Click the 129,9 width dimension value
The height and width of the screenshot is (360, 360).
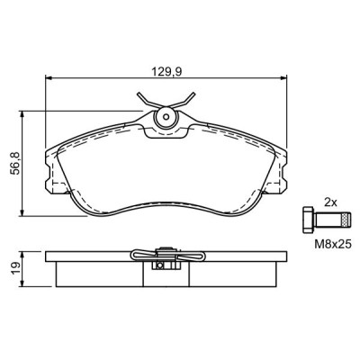(167, 72)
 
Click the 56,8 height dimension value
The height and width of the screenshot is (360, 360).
(15, 164)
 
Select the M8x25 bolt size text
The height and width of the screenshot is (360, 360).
(333, 245)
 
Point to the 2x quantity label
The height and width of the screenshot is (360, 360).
(330, 202)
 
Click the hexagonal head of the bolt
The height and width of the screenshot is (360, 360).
(308, 219)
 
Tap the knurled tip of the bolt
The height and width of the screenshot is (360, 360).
(346, 220)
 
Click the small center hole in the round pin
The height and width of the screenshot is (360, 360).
(166, 117)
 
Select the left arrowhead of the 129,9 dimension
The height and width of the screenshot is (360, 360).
(49, 78)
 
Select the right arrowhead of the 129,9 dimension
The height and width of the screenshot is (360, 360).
(283, 78)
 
